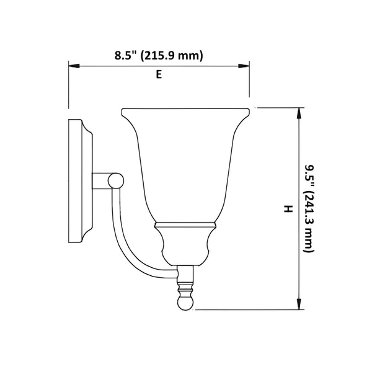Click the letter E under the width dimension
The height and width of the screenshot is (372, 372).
(159, 74)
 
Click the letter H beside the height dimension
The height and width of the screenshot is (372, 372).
(287, 209)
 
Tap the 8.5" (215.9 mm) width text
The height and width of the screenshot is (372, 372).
(159, 56)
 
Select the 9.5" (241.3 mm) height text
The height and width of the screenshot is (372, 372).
(309, 208)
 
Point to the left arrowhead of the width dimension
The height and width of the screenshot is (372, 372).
(72, 64)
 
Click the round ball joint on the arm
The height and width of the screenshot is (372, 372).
(114, 180)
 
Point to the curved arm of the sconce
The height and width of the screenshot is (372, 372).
(127, 242)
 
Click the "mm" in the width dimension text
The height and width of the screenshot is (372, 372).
(190, 56)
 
